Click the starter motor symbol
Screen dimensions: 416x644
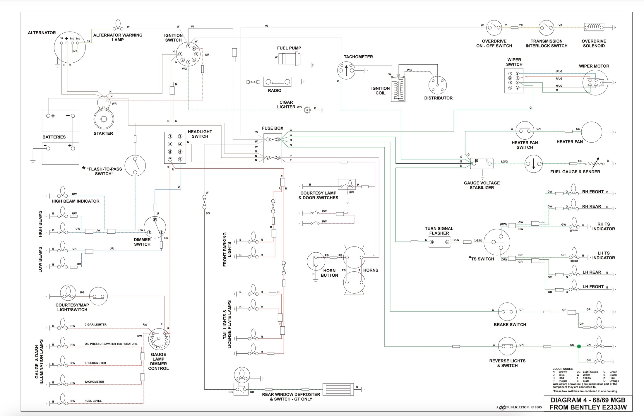pos(104,119)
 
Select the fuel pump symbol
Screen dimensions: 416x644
pos(289,58)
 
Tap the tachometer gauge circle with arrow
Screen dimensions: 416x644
pos(346,71)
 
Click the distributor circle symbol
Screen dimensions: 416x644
pos(437,85)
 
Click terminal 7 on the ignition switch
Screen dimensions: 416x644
pos(188,46)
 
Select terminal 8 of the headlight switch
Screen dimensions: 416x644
pos(180,159)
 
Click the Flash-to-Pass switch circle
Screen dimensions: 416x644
pos(135,166)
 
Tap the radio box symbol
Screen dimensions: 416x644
pos(277,82)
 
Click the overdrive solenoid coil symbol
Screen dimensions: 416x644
pos(594,27)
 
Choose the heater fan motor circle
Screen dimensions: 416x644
pos(591,132)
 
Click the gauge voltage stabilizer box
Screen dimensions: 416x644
pos(482,163)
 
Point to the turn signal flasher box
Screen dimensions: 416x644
pos(439,242)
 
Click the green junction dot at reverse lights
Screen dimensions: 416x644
pos(579,346)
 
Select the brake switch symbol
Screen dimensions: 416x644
pos(507,312)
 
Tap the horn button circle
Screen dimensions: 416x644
pos(316,261)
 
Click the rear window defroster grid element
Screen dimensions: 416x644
pos(338,390)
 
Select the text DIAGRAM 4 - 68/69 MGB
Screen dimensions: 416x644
pos(588,400)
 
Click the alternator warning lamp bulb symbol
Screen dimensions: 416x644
pos(118,25)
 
